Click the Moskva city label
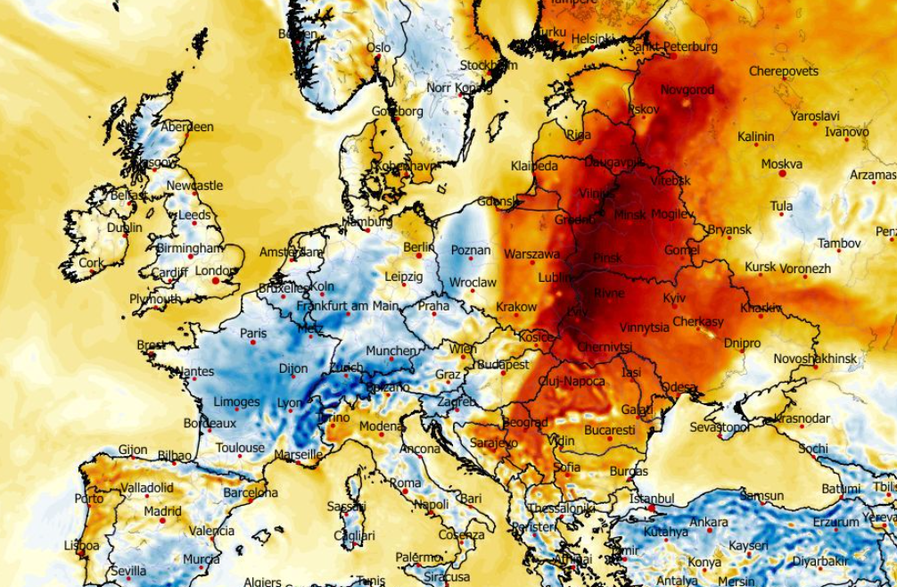781,164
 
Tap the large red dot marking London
216,281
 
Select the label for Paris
253,334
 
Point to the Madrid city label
162,512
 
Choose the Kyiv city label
674,297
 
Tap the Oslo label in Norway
379,47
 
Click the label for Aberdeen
186,128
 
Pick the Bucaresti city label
610,430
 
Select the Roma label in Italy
405,483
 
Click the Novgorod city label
687,90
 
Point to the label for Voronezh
805,269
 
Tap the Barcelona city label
251,492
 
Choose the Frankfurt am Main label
347,306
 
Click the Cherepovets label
783,71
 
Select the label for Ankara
709,522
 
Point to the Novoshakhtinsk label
814,359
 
